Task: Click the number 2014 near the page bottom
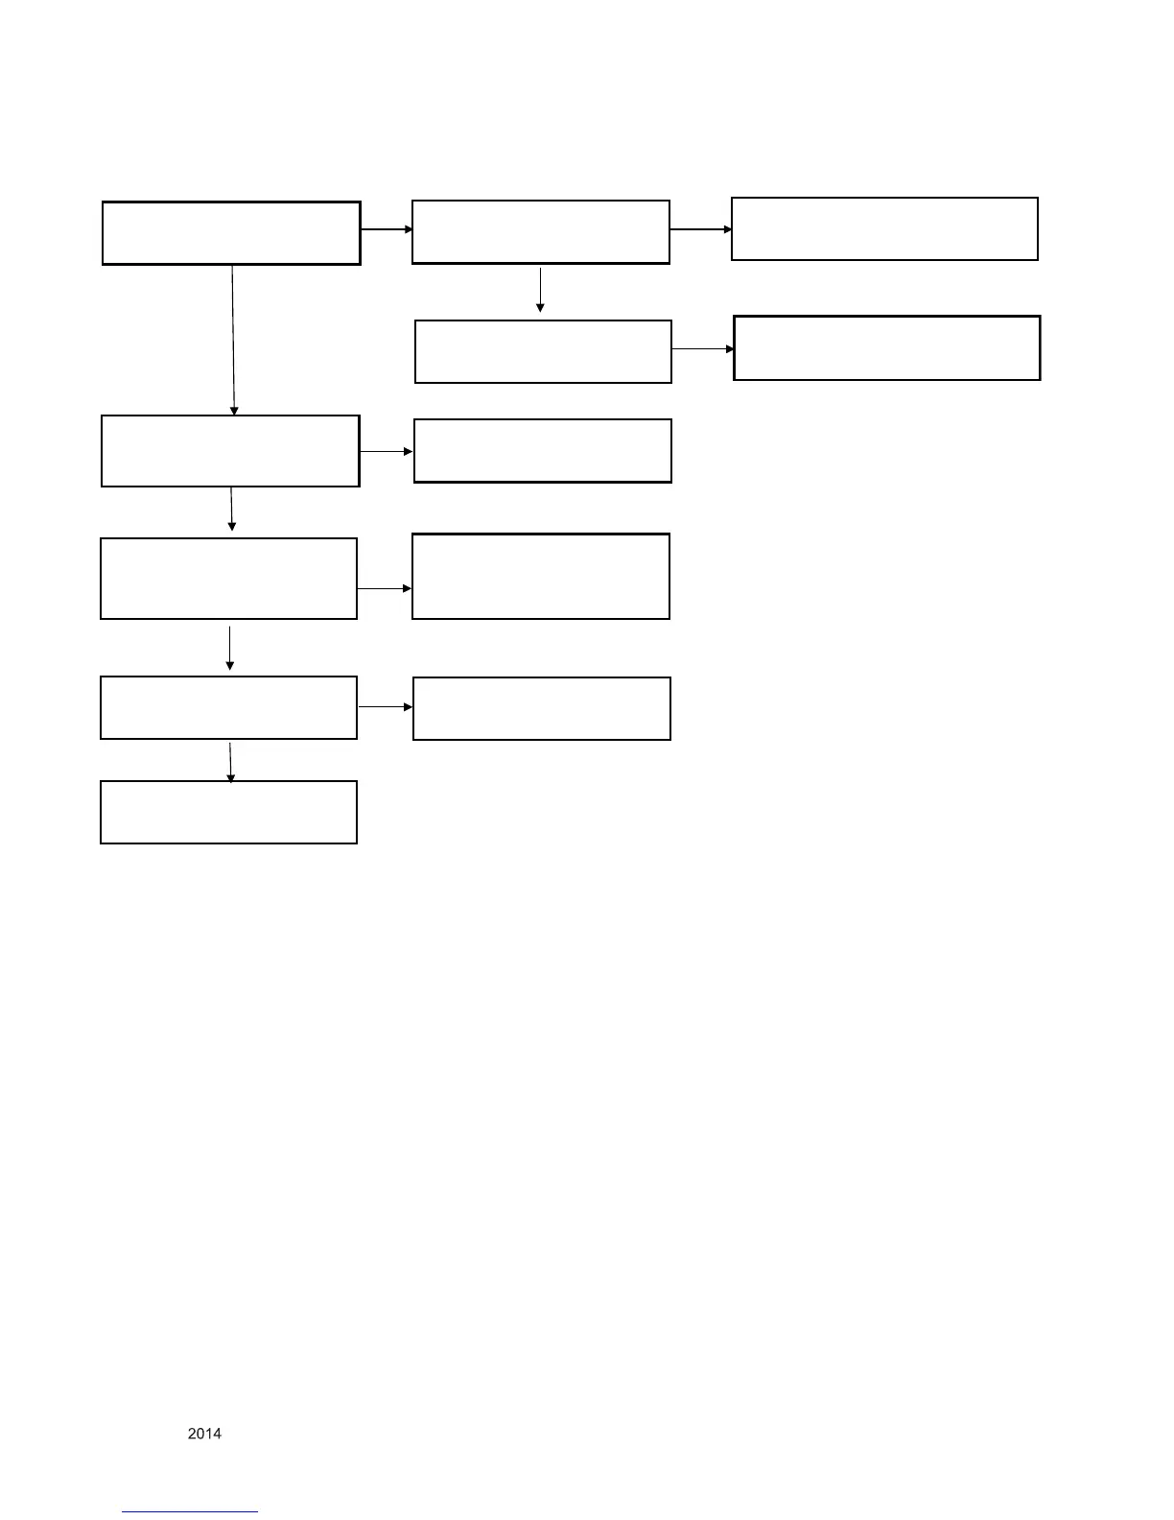coord(204,1434)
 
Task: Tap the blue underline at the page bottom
coord(190,1511)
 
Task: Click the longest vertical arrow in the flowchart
coord(233,340)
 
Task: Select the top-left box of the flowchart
coord(231,233)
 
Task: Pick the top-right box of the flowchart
coord(884,229)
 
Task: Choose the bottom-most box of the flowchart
coord(228,812)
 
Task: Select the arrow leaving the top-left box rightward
coord(387,230)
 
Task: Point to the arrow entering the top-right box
coord(700,230)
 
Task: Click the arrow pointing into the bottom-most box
coord(230,762)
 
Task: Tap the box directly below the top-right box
coord(886,348)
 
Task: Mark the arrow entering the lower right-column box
coord(703,349)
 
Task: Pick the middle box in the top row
coord(540,232)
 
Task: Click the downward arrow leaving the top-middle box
coord(540,290)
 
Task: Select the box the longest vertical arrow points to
coord(230,451)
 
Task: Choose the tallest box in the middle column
coord(540,577)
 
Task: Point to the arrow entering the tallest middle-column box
coord(385,588)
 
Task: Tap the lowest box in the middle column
coord(541,708)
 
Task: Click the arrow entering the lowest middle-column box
coord(386,707)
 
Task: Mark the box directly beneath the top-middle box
coord(543,352)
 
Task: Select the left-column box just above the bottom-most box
coord(228,708)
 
